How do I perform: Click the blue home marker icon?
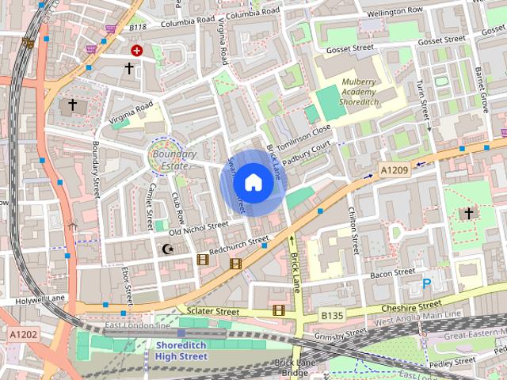253,183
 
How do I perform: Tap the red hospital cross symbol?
136,50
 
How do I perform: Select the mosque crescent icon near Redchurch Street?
167,249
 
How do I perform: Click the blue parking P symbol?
426,283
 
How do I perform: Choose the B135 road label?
333,316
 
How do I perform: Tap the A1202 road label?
23,336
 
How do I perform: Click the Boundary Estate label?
170,160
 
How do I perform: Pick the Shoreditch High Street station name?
181,351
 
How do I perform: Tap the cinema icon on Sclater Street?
278,310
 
